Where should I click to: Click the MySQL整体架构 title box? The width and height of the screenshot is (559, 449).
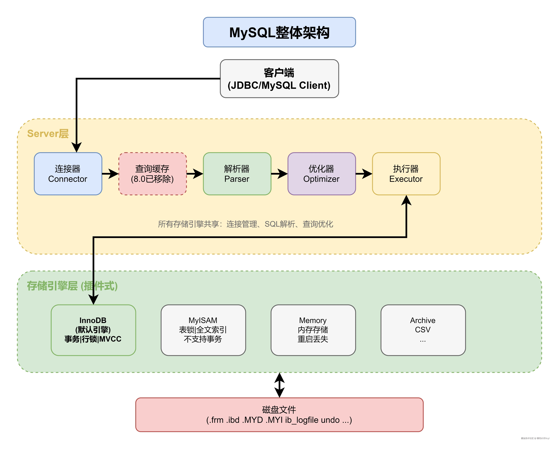(x=279, y=32)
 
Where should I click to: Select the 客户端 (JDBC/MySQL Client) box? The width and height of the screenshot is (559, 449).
(x=279, y=79)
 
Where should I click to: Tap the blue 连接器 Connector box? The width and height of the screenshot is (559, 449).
(x=68, y=174)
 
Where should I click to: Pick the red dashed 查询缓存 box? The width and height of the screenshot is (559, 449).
(x=152, y=174)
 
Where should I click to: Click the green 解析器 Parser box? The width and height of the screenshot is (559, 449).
(x=237, y=174)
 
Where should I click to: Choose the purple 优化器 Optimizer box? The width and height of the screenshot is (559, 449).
(x=322, y=174)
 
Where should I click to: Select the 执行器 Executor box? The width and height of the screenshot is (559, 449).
(x=406, y=174)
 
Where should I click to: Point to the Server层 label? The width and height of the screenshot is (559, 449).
(x=48, y=134)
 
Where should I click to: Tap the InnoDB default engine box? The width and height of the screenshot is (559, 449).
(x=93, y=330)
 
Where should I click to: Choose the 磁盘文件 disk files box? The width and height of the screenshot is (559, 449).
(x=279, y=415)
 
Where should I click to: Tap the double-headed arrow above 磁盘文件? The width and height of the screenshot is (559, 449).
(x=279, y=385)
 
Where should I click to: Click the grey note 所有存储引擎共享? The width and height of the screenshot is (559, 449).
(x=246, y=224)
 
